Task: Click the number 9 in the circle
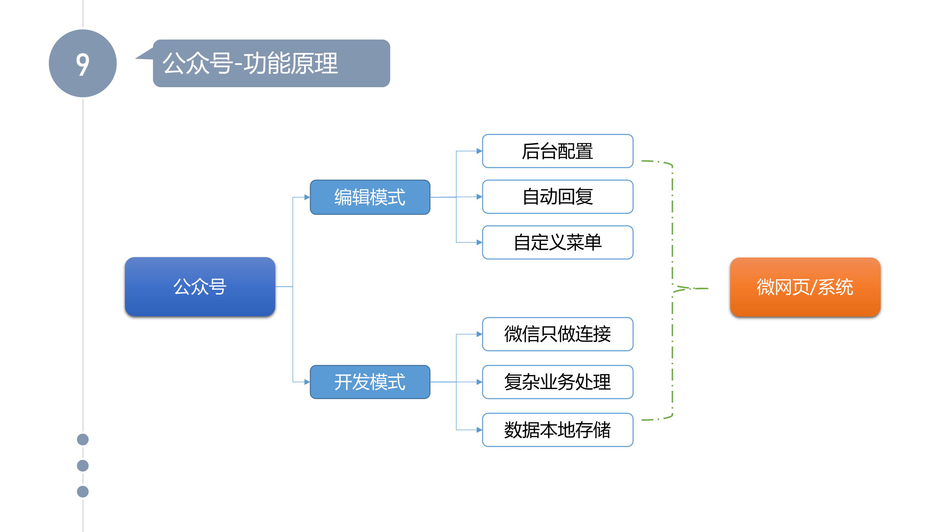pos(83,64)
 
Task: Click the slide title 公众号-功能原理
pos(250,63)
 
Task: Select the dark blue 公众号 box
pos(200,286)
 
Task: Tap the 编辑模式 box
pos(370,197)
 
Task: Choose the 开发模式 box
pos(370,382)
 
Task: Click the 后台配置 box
pos(557,151)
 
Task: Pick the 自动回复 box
pos(557,197)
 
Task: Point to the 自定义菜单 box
pos(557,242)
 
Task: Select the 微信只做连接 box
pos(557,334)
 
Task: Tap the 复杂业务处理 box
pos(557,382)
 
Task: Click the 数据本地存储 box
pos(557,430)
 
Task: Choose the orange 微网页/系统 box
pos(805,287)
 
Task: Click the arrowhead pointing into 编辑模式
pos(307,197)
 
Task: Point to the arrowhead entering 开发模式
pos(307,382)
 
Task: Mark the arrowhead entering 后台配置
pos(479,151)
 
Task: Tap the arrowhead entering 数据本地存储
pos(479,430)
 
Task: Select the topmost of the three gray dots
pos(83,439)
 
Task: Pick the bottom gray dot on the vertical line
pos(83,492)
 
